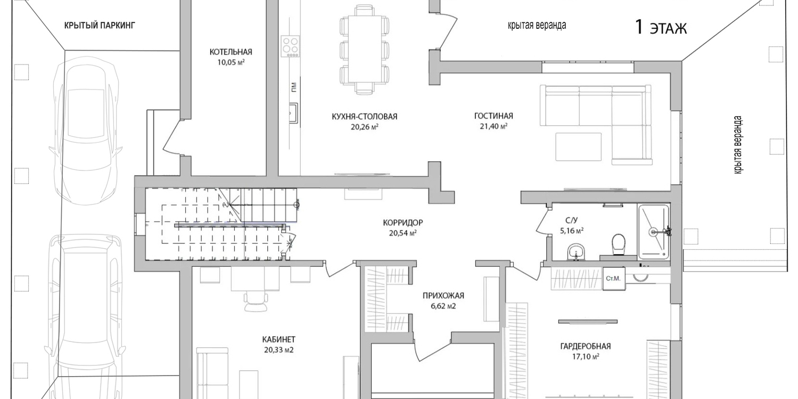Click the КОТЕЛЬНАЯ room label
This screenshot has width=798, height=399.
tap(231, 52)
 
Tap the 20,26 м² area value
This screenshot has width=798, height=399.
tap(365, 127)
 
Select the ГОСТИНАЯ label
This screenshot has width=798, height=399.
tap(493, 116)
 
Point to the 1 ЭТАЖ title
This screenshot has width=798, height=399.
tap(661, 28)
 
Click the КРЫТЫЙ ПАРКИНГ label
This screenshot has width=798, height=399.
tap(100, 26)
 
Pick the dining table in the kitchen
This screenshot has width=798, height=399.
tap(365, 48)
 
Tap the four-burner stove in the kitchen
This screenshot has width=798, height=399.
tap(290, 46)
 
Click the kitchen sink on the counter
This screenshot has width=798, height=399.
tap(293, 113)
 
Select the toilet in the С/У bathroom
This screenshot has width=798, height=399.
tap(618, 245)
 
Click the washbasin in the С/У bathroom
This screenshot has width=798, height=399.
tap(575, 253)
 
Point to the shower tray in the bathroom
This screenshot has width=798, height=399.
tap(653, 231)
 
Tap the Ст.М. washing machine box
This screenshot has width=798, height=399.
tap(613, 279)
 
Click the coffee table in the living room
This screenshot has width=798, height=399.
tap(578, 146)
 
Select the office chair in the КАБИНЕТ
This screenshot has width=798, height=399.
tap(256, 302)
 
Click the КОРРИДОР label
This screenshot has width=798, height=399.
tap(403, 223)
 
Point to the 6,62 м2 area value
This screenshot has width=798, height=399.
tap(443, 306)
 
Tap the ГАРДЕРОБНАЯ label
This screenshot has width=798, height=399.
tap(585, 346)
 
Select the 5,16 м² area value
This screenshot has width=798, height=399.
tap(571, 231)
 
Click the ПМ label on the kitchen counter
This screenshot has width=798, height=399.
tap(293, 87)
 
